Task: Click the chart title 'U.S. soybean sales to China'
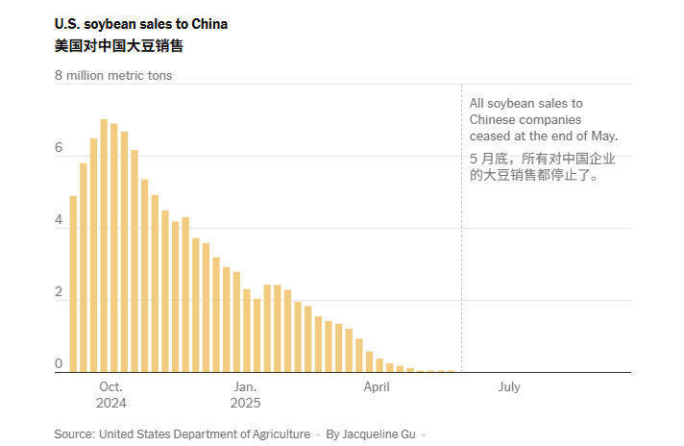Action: coord(140,24)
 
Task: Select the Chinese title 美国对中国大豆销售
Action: coord(118,45)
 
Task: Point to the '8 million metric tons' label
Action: coord(113,75)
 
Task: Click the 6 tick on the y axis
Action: coord(59,148)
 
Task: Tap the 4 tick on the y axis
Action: coord(59,220)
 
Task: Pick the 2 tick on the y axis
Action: coord(59,292)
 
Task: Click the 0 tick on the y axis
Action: coord(59,364)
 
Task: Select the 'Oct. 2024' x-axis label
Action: coord(110,395)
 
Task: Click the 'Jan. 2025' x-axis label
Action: coord(244,395)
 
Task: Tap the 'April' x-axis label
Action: coord(377,387)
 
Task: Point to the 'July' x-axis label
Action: coord(509,387)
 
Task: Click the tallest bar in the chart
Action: coord(104,245)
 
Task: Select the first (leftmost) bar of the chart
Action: coord(73,284)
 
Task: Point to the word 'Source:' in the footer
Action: coord(74,434)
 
